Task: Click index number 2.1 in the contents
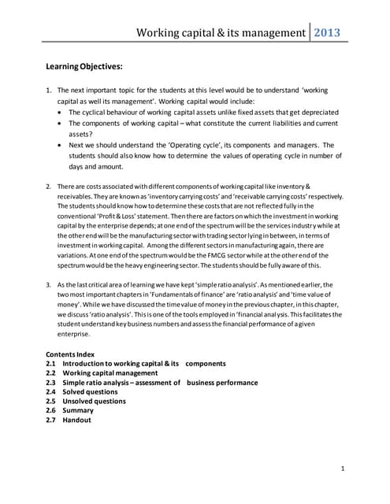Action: click(x=51, y=364)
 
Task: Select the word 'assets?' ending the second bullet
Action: click(x=81, y=135)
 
